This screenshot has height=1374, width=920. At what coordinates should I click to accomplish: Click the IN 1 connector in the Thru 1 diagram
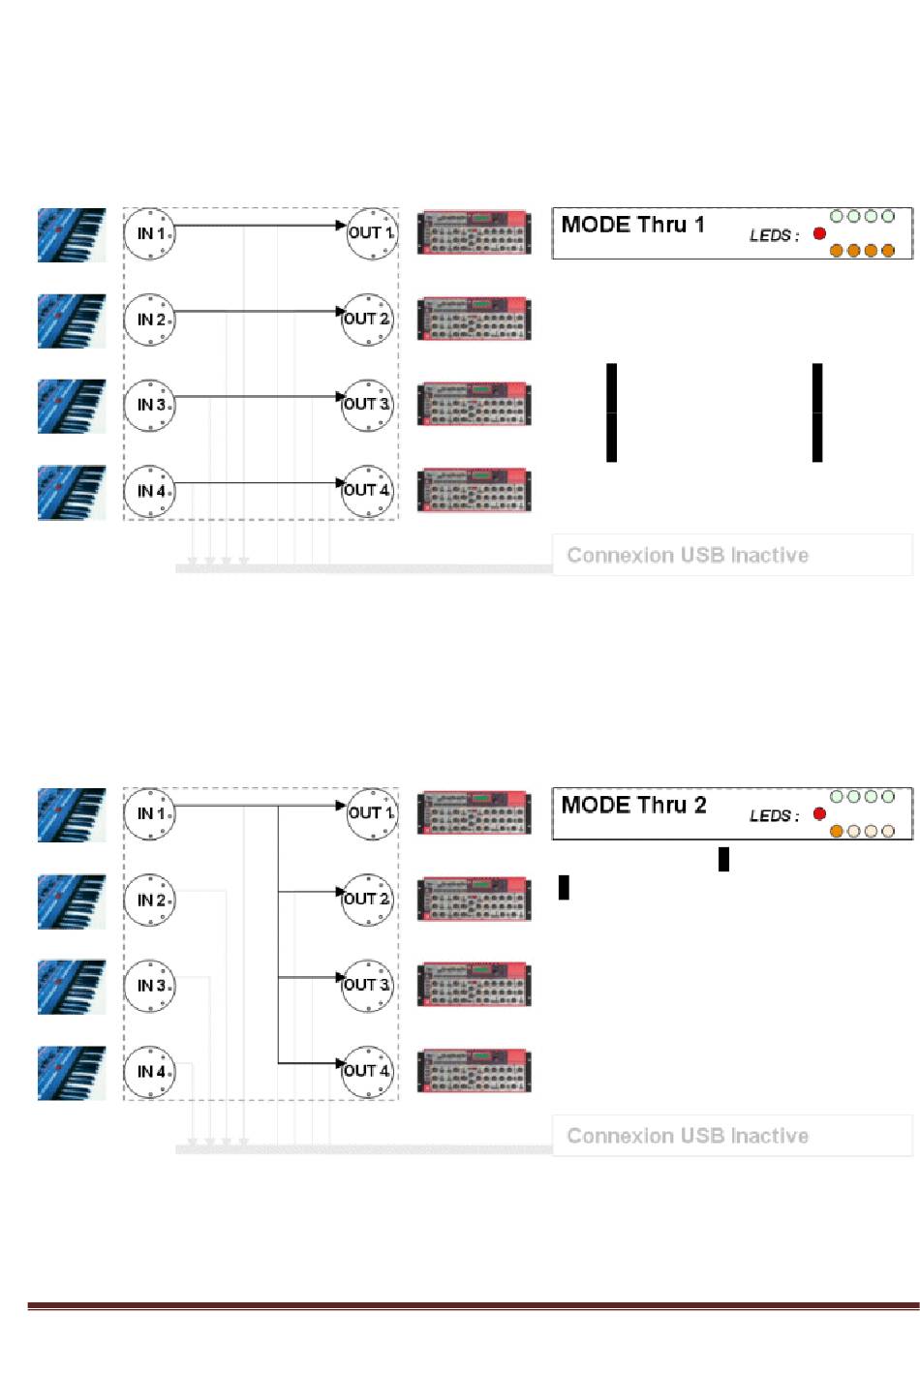149,233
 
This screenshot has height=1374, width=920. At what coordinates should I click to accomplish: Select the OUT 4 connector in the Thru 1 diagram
369,490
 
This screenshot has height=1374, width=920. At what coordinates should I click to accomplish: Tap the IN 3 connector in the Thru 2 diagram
149,986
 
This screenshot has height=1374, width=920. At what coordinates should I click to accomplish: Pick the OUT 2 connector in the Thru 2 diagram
369,899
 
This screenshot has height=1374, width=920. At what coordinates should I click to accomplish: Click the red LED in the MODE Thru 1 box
819,233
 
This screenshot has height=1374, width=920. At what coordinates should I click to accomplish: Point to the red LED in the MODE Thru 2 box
819,813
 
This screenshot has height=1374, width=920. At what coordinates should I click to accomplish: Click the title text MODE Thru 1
632,225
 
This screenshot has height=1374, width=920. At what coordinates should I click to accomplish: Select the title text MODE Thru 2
633,805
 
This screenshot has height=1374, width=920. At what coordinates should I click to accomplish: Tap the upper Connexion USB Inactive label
688,555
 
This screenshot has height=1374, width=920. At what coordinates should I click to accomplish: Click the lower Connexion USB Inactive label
688,1135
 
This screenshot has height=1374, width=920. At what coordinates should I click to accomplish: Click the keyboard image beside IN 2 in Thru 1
72,321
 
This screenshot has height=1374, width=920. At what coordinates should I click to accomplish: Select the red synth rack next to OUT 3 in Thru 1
474,404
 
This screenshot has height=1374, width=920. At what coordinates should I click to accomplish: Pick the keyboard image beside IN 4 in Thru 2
72,1072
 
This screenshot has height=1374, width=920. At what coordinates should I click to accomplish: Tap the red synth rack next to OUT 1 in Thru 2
474,812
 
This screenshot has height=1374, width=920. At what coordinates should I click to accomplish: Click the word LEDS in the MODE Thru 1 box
772,235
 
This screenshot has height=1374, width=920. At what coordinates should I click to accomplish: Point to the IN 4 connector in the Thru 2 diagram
149,1072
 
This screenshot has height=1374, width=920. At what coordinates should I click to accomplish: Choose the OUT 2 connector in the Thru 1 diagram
369,319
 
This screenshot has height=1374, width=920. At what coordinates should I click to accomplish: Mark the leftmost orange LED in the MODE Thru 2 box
837,831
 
